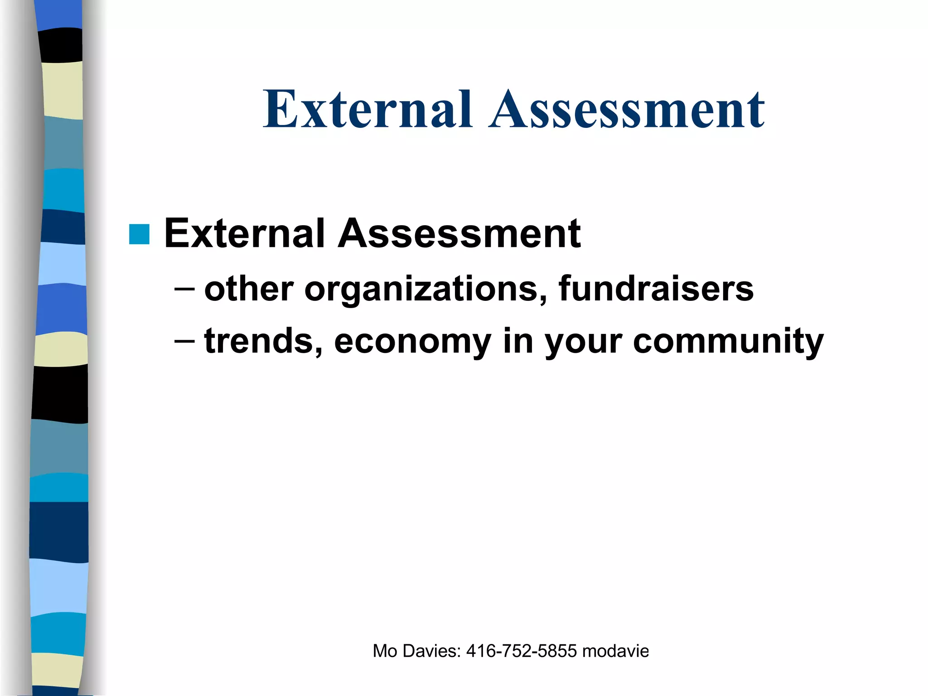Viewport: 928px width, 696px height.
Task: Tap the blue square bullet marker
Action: click(x=139, y=234)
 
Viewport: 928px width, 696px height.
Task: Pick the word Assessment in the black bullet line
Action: click(x=459, y=233)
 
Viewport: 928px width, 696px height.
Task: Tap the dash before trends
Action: click(x=184, y=341)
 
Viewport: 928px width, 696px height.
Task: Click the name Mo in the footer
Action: click(x=385, y=651)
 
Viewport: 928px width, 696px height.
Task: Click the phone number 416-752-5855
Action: click(x=522, y=651)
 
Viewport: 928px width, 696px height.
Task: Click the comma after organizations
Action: click(x=543, y=299)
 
